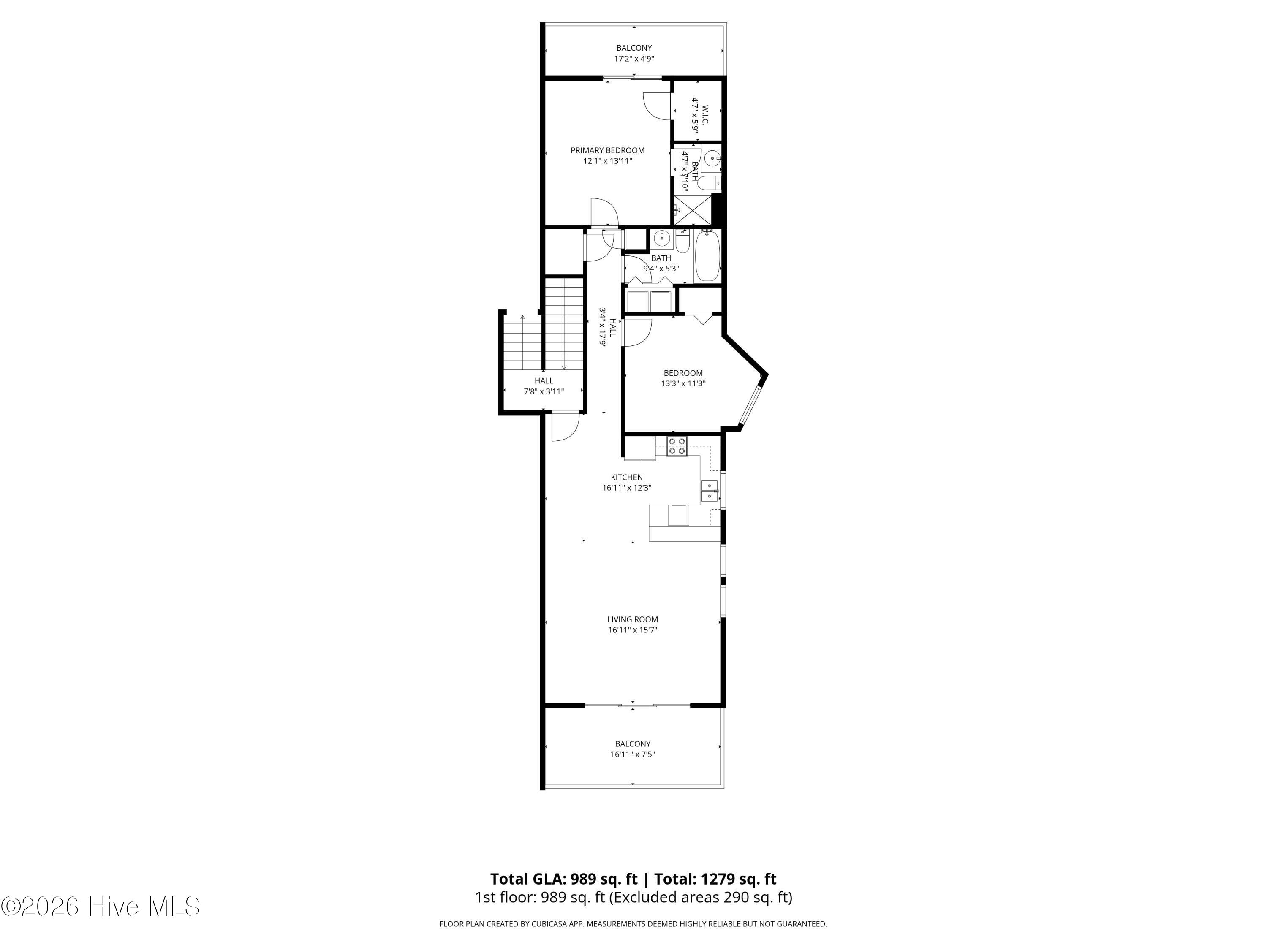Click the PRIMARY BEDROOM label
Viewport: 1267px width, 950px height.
pos(607,151)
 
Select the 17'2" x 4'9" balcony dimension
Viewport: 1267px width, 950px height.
pos(634,58)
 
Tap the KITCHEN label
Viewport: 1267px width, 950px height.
pos(627,477)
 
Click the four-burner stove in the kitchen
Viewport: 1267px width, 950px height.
pos(677,446)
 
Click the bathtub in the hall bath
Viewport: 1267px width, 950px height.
pos(707,255)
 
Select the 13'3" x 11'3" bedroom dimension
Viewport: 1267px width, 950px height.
pos(683,384)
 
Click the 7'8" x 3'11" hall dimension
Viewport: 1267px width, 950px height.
pos(544,392)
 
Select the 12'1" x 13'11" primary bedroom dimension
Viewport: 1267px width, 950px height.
pos(607,161)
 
